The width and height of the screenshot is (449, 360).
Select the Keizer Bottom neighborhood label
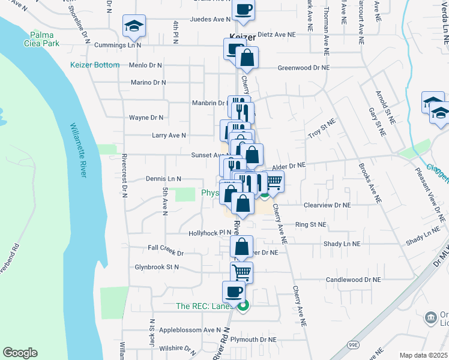point(95,65)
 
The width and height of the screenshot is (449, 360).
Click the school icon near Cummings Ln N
point(134,26)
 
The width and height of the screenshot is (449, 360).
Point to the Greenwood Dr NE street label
point(303,68)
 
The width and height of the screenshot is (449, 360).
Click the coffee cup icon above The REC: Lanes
point(234,292)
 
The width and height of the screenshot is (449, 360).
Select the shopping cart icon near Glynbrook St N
point(242,272)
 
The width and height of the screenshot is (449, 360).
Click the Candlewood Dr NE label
point(354,280)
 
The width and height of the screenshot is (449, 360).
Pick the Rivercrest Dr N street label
point(124,175)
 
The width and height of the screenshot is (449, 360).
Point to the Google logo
point(20,353)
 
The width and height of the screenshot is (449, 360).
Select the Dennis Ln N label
point(163,179)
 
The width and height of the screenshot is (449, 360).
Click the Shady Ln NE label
point(342,244)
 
